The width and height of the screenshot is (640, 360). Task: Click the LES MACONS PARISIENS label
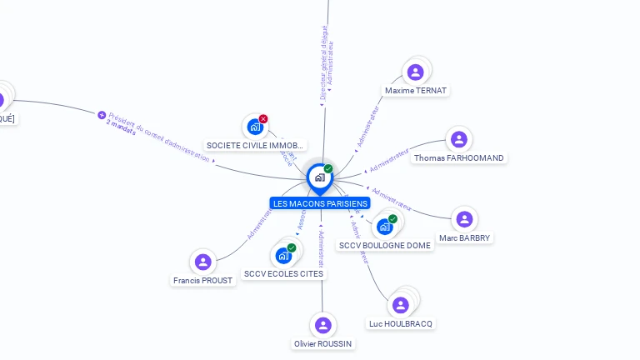pyautogui.click(x=320, y=203)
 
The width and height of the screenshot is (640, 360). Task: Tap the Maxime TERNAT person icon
pyautogui.click(x=415, y=72)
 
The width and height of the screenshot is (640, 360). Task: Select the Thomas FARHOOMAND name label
pyautogui.click(x=458, y=157)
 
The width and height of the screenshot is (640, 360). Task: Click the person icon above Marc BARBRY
pyautogui.click(x=464, y=219)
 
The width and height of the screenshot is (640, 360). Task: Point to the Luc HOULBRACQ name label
pyautogui.click(x=401, y=323)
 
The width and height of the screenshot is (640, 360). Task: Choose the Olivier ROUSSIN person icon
pyautogui.click(x=323, y=325)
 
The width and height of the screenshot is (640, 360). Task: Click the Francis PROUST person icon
pyautogui.click(x=202, y=262)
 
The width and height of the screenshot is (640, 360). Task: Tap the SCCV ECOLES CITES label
pyautogui.click(x=283, y=273)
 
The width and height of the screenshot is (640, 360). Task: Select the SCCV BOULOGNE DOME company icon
pyautogui.click(x=384, y=226)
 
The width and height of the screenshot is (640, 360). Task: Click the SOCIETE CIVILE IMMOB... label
pyautogui.click(x=256, y=145)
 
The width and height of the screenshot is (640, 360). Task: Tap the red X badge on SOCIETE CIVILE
pyautogui.click(x=263, y=119)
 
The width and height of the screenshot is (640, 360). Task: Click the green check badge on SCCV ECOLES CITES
pyautogui.click(x=292, y=247)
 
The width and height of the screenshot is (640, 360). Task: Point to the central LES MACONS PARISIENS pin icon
pyautogui.click(x=319, y=177)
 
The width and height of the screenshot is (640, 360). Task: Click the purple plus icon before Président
pyautogui.click(x=102, y=115)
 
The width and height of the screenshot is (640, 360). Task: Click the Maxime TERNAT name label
pyautogui.click(x=416, y=90)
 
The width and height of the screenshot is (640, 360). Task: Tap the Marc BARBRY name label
pyautogui.click(x=465, y=237)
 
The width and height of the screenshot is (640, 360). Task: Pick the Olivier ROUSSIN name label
pyautogui.click(x=323, y=343)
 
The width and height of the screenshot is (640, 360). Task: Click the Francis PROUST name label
pyautogui.click(x=203, y=280)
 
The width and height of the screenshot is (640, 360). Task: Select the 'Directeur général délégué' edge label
pyautogui.click(x=324, y=62)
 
